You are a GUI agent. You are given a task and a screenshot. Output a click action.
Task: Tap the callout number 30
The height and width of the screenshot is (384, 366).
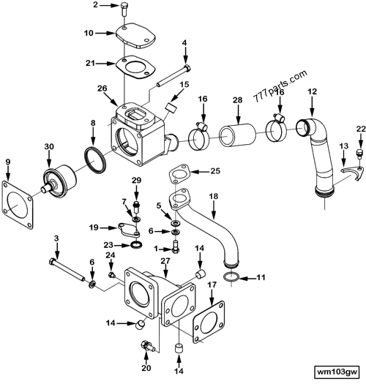point(48,147)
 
